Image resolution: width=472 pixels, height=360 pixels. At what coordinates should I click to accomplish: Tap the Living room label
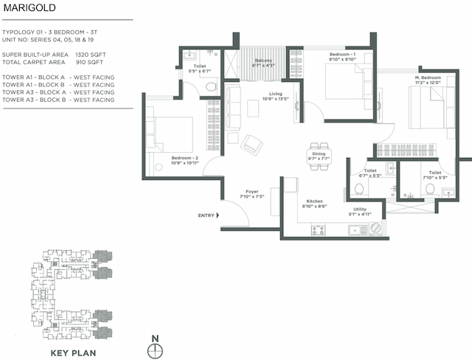(x=275, y=94)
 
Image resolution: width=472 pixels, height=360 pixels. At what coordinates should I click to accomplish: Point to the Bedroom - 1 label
(x=342, y=55)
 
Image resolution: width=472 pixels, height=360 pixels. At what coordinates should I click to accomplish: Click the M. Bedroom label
(x=428, y=78)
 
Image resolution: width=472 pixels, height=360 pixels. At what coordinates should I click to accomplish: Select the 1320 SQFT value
(x=92, y=55)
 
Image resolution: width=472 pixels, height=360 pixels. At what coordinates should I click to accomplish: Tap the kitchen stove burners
(x=319, y=229)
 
